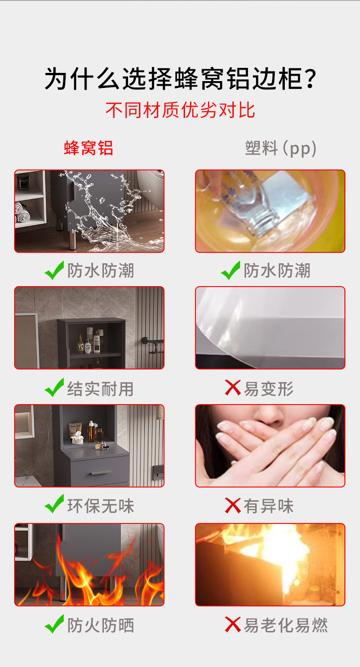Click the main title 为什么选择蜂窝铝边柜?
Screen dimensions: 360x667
click(180, 79)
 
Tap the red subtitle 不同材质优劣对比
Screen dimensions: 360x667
click(180, 110)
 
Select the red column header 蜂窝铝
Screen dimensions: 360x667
click(88, 148)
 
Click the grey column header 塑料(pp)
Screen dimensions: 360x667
click(281, 148)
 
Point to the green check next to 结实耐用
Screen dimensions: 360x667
click(54, 387)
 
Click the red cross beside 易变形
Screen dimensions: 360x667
click(232, 388)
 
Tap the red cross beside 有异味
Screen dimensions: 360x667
click(232, 506)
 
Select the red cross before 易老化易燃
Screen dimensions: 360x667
click(232, 625)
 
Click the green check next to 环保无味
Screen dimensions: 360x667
click(54, 504)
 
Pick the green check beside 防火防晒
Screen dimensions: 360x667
click(54, 624)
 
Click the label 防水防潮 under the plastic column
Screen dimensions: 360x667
click(277, 271)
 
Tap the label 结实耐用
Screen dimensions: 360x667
click(100, 389)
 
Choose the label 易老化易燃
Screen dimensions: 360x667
click(286, 625)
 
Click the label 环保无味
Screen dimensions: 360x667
click(100, 506)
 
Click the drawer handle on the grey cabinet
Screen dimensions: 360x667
click(101, 472)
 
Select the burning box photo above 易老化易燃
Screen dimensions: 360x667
click(270, 564)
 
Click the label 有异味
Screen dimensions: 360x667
click(268, 506)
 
